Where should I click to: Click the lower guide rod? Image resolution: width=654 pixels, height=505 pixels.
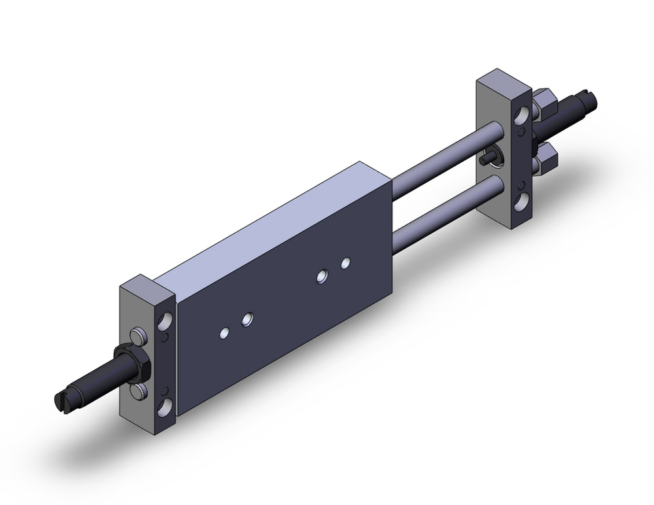click(x=445, y=208)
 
